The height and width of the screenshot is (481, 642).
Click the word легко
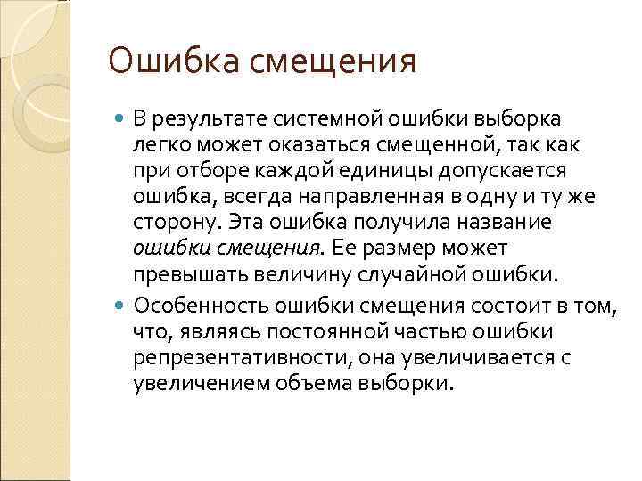(157, 144)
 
